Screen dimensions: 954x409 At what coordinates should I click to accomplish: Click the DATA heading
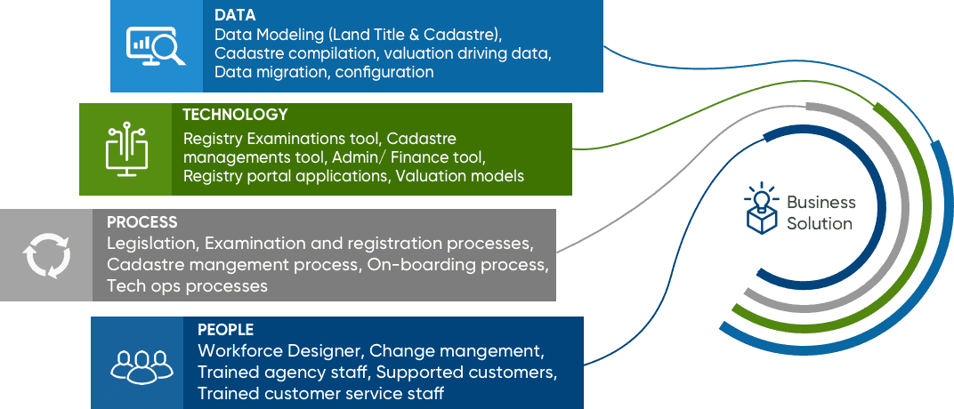pos(235,15)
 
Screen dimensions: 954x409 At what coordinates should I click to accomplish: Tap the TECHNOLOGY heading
pos(236,114)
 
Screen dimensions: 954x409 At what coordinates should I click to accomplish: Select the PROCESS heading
pos(142,221)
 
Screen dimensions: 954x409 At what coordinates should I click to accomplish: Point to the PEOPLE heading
pos(226,329)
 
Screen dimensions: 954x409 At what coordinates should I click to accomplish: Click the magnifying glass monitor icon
pos(155,45)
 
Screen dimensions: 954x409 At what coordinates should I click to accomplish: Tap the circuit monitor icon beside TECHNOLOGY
pos(126,148)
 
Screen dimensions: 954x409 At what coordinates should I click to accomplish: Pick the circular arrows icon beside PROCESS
pos(47,255)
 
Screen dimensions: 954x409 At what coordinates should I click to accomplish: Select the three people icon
pos(141,364)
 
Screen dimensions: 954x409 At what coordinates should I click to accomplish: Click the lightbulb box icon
pos(761,207)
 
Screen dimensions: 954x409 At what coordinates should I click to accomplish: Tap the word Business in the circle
pos(821,203)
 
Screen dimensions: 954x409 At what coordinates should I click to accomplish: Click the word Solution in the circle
pos(820,224)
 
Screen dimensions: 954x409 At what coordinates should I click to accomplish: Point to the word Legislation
pos(153,244)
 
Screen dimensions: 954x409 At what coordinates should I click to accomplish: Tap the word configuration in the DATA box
pos(384,72)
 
